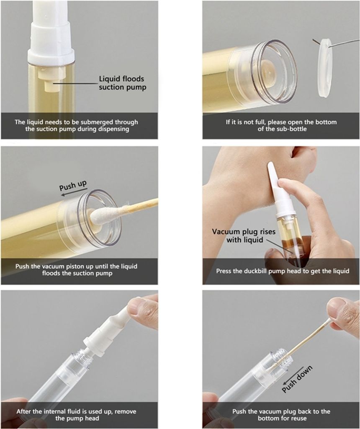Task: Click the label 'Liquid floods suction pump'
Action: (123, 83)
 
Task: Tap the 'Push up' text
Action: (73, 185)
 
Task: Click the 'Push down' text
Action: (297, 379)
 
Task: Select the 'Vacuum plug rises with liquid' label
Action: (244, 236)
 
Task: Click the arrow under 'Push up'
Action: (74, 192)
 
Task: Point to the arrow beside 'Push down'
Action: (293, 375)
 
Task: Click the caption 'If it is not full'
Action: (281, 126)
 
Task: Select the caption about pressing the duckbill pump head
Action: (283, 271)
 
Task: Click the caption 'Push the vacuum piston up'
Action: (76, 270)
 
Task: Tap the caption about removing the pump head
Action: (76, 415)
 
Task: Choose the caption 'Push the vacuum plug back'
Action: (281, 415)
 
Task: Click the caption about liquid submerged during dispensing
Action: (76, 126)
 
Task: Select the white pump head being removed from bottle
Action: (112, 328)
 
